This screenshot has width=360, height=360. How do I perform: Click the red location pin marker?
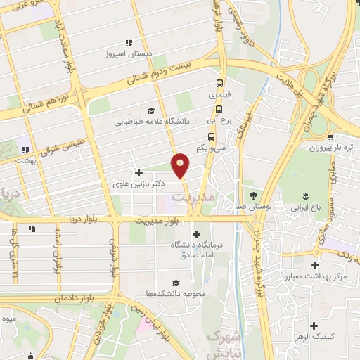pyautogui.click(x=181, y=165)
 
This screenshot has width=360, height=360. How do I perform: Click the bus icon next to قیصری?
pyautogui.click(x=220, y=82)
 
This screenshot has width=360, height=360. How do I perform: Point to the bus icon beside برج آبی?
pyautogui.click(x=219, y=109)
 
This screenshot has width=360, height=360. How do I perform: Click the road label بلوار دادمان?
pyautogui.click(x=75, y=299)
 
